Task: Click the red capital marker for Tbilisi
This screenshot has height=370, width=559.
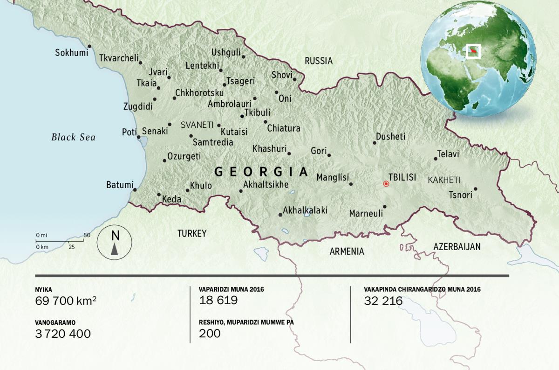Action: click(x=386, y=184)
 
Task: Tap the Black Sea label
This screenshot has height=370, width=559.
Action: click(x=73, y=137)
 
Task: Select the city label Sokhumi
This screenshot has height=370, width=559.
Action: click(x=71, y=53)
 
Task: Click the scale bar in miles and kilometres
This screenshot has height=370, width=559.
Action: click(x=60, y=241)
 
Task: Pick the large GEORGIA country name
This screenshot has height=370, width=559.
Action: click(x=261, y=172)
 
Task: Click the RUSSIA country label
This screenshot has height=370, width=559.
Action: click(x=319, y=61)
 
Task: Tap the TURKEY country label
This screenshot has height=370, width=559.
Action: click(x=191, y=234)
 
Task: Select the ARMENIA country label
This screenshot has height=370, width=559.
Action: click(x=347, y=251)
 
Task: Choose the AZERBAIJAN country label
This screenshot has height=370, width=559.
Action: click(x=457, y=247)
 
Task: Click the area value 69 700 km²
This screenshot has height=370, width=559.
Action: click(x=66, y=301)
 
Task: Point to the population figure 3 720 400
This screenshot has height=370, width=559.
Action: click(x=63, y=334)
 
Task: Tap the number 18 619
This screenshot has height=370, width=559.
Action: click(x=218, y=300)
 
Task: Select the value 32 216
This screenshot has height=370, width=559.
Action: click(x=383, y=301)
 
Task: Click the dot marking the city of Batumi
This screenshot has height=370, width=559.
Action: click(x=135, y=190)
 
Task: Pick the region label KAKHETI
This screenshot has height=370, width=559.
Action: click(x=444, y=180)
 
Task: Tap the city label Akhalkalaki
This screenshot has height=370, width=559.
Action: click(x=305, y=210)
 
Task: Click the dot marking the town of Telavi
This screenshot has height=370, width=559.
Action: click(x=436, y=159)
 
